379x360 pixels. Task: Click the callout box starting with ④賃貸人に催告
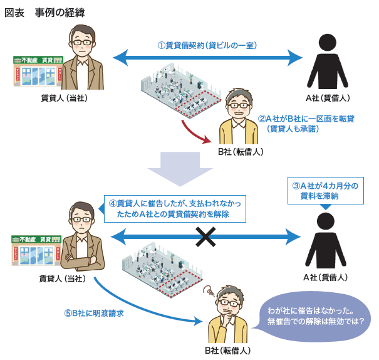[x=175, y=209]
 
